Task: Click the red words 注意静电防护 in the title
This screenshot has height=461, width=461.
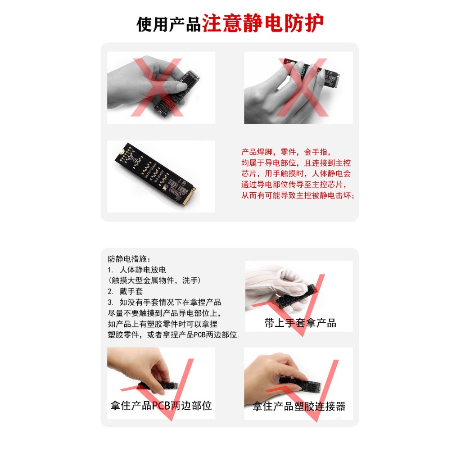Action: tap(262, 23)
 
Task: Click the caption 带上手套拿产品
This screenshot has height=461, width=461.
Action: tap(300, 323)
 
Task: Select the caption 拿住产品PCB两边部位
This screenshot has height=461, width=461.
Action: tap(161, 406)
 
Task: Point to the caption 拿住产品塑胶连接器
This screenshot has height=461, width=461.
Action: tap(299, 406)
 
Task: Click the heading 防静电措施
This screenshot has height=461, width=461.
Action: tap(129, 259)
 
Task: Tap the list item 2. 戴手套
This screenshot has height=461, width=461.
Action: tap(125, 291)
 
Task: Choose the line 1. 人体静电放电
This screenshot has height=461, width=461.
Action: tap(137, 270)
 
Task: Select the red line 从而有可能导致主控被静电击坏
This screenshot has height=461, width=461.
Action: tap(298, 195)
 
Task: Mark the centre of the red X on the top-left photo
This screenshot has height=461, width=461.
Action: tap(158, 88)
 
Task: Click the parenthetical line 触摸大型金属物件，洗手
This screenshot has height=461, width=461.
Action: tap(155, 280)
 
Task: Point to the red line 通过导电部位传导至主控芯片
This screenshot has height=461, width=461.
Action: tap(294, 184)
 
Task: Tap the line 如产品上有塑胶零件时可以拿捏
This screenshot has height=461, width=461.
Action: tap(163, 324)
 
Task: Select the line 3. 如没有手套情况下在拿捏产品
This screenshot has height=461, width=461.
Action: tap(164, 302)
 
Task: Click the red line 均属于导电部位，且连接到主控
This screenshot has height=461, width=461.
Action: tap(296, 163)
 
